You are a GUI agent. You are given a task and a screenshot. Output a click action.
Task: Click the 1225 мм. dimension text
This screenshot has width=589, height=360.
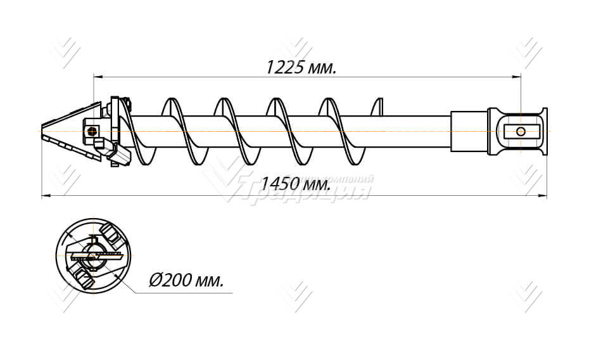tap(301, 67)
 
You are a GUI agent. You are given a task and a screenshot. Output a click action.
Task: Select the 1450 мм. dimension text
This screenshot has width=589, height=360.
tap(296, 185)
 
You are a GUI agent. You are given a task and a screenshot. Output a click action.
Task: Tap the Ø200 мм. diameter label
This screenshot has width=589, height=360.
tap(186, 281)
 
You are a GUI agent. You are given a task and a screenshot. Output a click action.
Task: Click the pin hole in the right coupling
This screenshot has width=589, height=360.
tap(521, 131)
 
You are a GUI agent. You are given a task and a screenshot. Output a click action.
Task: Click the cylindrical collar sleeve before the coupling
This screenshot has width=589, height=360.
tap(469, 131)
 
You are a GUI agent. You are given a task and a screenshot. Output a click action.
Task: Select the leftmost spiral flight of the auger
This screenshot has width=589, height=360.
tap(172, 130)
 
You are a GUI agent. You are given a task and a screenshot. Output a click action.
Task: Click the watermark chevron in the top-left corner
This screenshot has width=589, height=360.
tap(66, 51)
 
